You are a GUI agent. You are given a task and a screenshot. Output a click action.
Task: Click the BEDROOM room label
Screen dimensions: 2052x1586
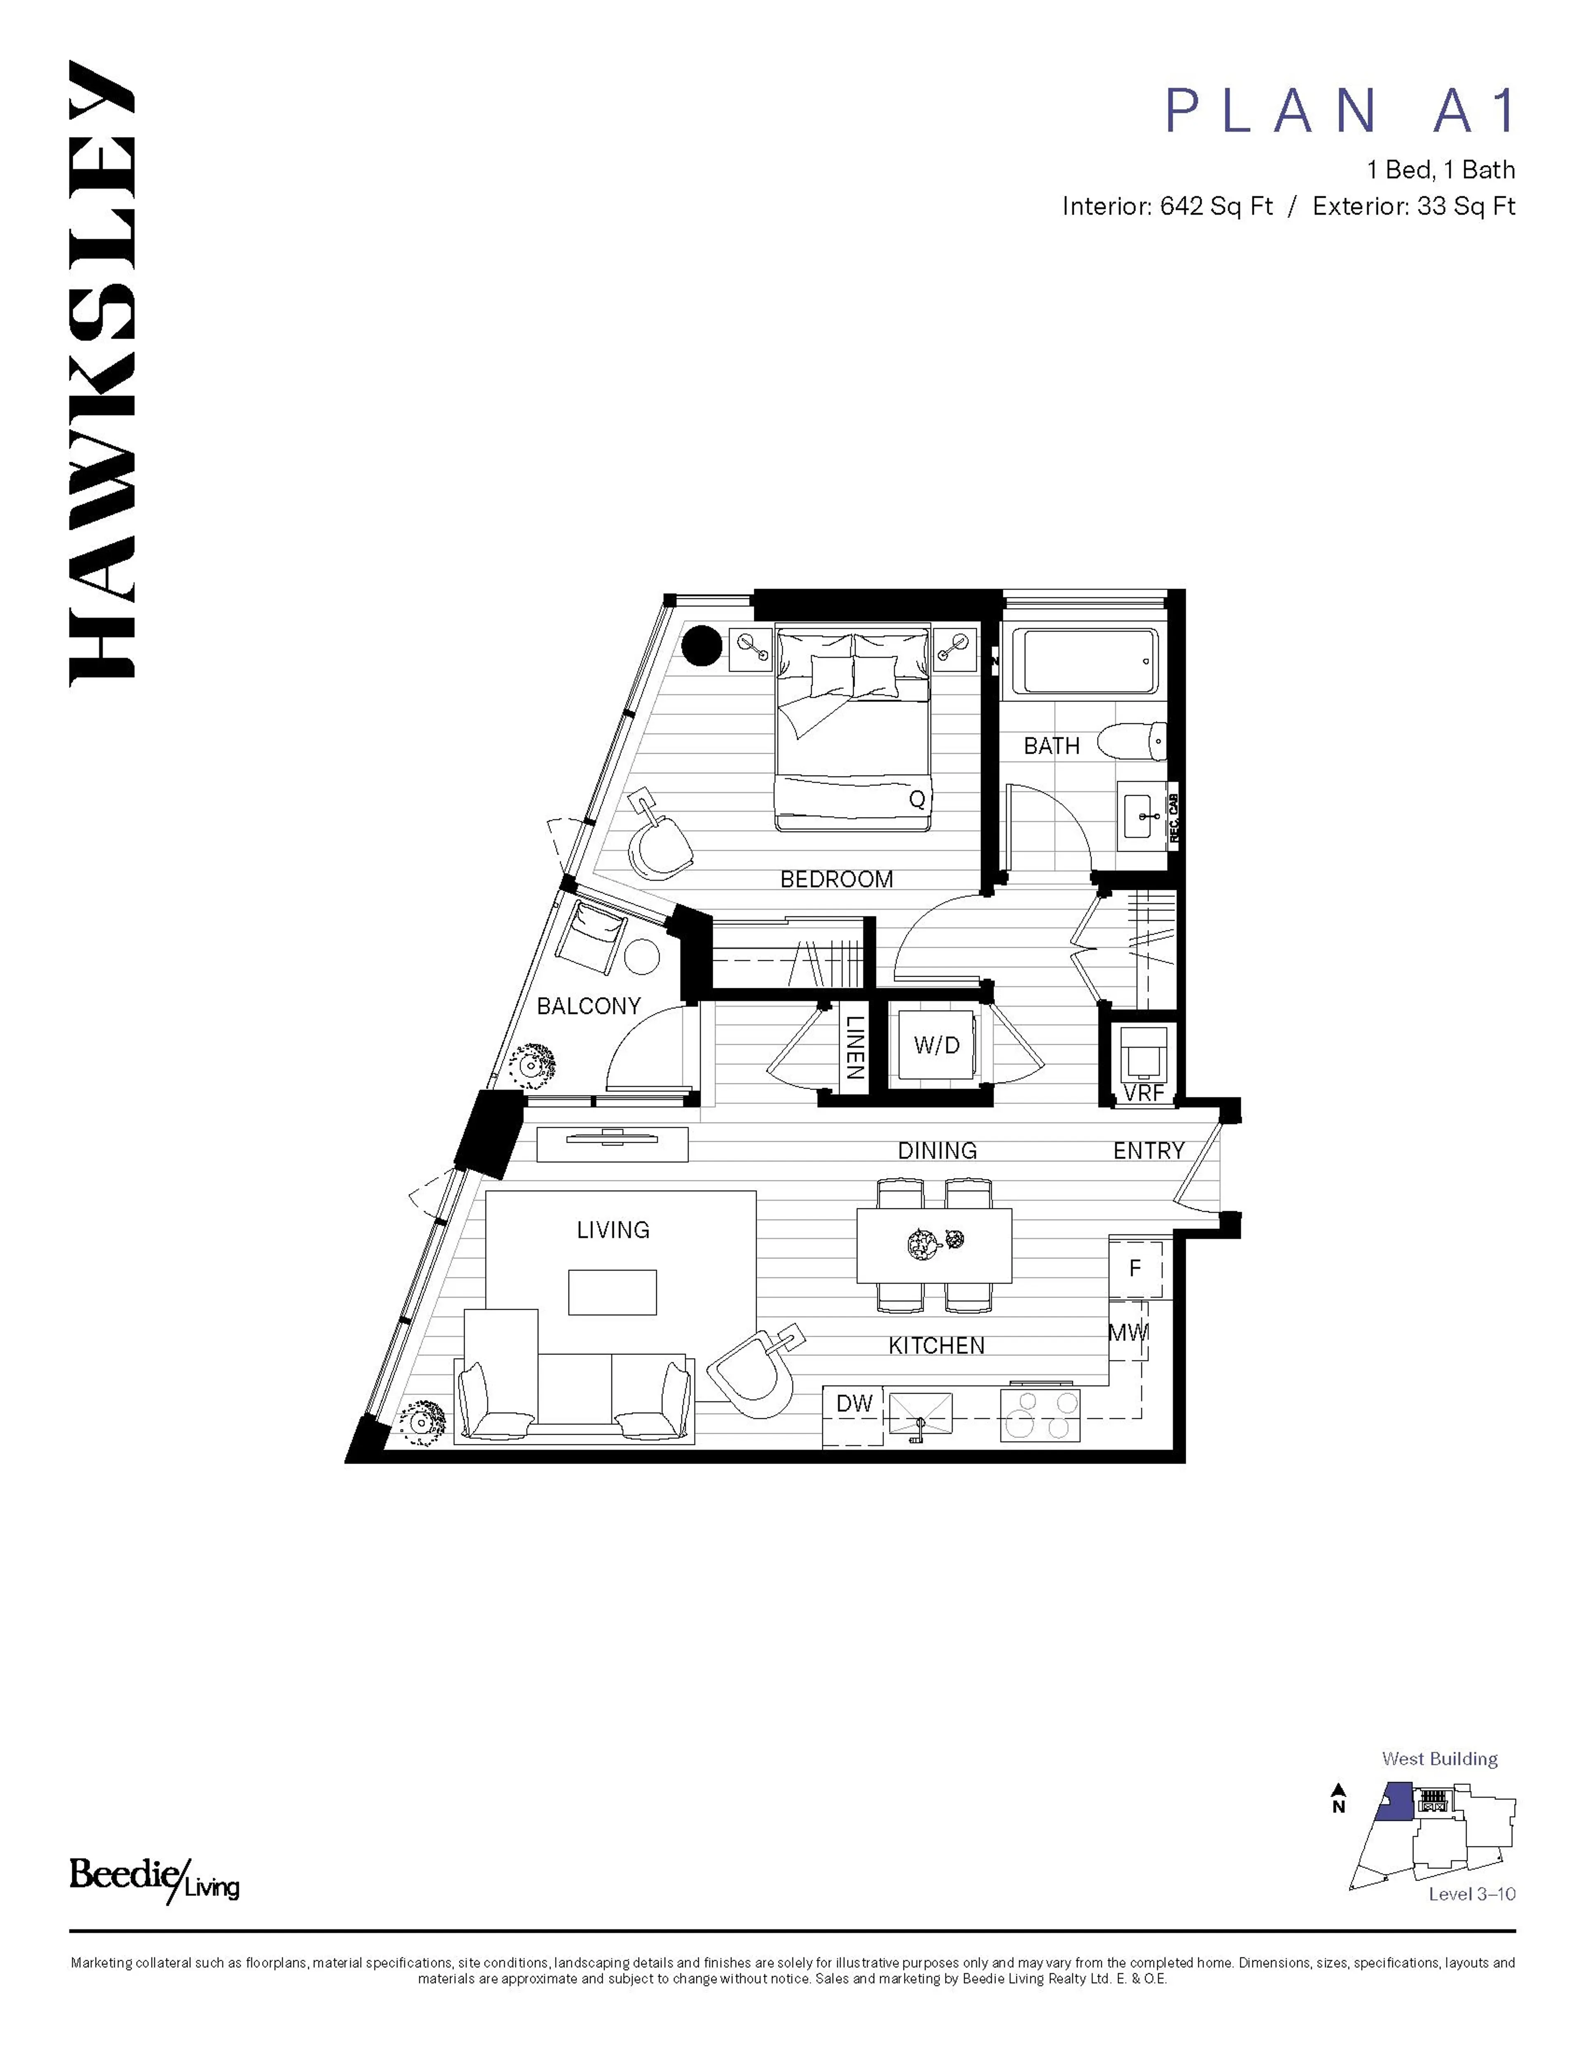[x=836, y=880]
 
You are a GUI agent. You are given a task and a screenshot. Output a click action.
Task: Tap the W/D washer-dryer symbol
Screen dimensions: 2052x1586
[x=937, y=1045]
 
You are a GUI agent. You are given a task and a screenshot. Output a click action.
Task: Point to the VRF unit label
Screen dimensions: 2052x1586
[x=1144, y=1093]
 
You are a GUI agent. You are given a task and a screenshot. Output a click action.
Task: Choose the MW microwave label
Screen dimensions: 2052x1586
[x=1128, y=1332]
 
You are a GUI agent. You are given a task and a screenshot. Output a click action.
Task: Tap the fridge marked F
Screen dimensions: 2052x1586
[x=1135, y=1268]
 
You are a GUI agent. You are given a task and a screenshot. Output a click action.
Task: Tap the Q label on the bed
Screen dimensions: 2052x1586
[x=917, y=799]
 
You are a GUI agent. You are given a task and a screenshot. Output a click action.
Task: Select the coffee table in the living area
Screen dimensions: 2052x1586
[x=612, y=1292]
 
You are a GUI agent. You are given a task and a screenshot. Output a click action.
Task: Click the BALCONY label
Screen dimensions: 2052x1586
[x=588, y=1006]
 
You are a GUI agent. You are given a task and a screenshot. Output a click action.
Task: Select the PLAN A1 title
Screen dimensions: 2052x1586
[x=1339, y=111]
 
